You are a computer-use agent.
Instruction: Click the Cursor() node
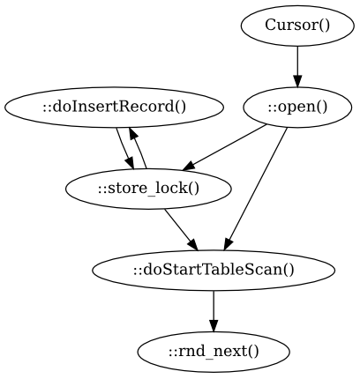pyautogui.click(x=297, y=26)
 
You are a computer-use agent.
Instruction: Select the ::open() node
pyautogui.click(x=297, y=108)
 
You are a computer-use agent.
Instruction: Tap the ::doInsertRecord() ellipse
pyautogui.click(x=114, y=108)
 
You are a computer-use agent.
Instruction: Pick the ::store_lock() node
pyautogui.click(x=148, y=189)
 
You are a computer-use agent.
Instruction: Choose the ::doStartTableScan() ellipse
pyautogui.click(x=214, y=271)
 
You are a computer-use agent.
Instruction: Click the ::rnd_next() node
pyautogui.click(x=214, y=352)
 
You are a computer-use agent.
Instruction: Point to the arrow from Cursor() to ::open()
pyautogui.click(x=297, y=67)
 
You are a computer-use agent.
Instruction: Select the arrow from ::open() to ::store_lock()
pyautogui.click(x=225, y=147)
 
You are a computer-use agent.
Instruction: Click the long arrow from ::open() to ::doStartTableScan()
pyautogui.click(x=255, y=189)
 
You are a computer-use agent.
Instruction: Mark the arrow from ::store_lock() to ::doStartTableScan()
pyautogui.click(x=181, y=230)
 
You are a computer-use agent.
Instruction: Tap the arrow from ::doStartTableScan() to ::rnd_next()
pyautogui.click(x=214, y=311)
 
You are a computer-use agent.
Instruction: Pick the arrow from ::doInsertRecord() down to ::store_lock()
pyautogui.click(x=125, y=149)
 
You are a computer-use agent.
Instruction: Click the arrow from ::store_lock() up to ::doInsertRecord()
pyautogui.click(x=138, y=148)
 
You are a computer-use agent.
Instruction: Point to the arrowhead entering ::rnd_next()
pyautogui.click(x=214, y=326)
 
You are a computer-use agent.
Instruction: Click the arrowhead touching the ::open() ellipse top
pyautogui.click(x=297, y=82)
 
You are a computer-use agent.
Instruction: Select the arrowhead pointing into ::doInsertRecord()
pyautogui.click(x=133, y=134)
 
